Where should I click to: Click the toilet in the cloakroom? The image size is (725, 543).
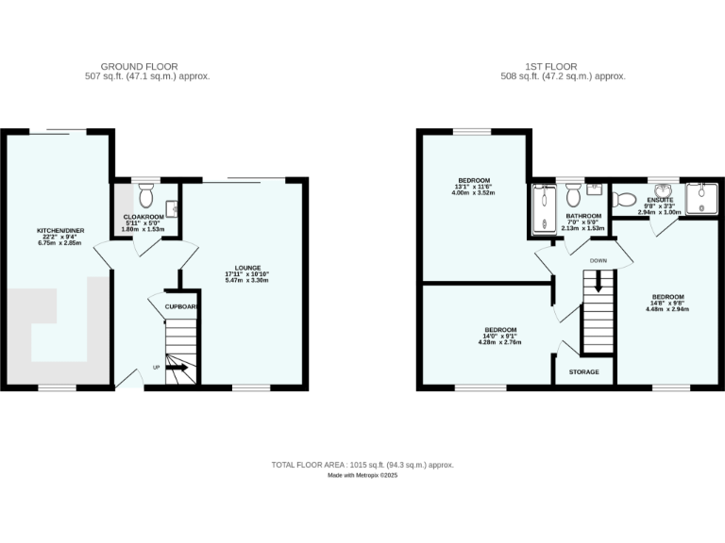click(x=145, y=196)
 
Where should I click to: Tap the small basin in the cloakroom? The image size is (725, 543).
click(x=172, y=208)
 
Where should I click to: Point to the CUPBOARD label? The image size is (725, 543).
click(x=182, y=307)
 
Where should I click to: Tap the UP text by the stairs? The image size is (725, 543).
click(x=157, y=368)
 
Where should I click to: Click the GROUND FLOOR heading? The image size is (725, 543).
click(x=140, y=66)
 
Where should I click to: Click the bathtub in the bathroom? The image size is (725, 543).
click(x=544, y=209)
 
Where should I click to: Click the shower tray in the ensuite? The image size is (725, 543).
click(x=702, y=199)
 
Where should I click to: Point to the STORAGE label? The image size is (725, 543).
click(x=583, y=372)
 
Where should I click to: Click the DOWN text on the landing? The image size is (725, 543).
click(x=598, y=260)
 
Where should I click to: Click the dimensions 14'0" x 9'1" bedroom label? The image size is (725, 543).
click(x=500, y=337)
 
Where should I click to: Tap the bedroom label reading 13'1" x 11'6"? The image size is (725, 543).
click(x=474, y=186)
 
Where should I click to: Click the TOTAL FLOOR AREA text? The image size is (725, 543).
click(x=362, y=465)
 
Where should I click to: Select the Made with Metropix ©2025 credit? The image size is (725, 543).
click(x=362, y=476)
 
